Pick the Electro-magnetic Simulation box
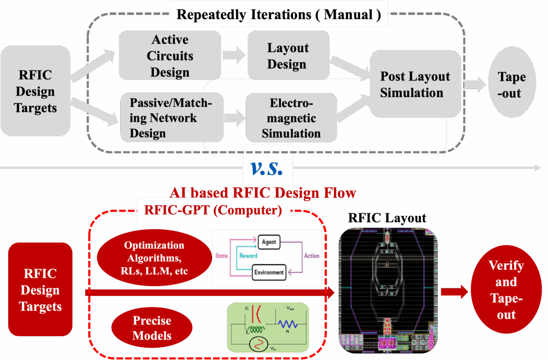coord(291,117)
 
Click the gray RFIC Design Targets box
coord(35,91)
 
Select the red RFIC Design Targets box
coord(40,290)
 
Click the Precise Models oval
coord(152,328)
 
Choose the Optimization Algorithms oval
coord(154,258)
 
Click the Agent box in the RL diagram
coord(269,242)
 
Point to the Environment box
coord(269,273)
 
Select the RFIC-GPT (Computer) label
coord(213,211)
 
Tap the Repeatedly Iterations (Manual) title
coord(279,14)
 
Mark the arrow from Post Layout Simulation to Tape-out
coord(475,84)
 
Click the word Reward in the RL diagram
coord(248,256)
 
